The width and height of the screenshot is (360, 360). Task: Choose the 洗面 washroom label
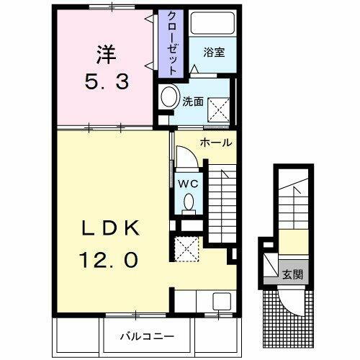coord(191,102)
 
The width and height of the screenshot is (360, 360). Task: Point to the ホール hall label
coord(216,142)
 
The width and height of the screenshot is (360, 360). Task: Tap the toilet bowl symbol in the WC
coord(189,204)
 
